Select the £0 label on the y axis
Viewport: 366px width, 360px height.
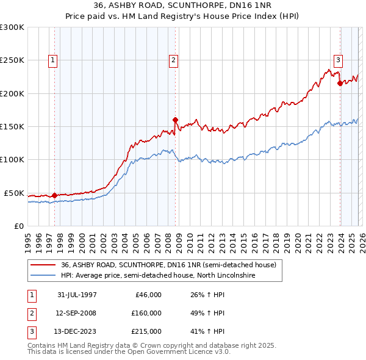tap(18, 226)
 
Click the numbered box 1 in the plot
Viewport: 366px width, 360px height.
tap(54, 60)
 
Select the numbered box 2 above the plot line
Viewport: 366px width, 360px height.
tap(174, 60)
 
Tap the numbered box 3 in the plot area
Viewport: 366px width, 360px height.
tap(338, 60)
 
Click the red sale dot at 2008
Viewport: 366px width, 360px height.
tap(175, 120)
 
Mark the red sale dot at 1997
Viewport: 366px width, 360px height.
tap(55, 195)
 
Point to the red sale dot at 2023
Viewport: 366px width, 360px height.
tap(340, 83)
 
